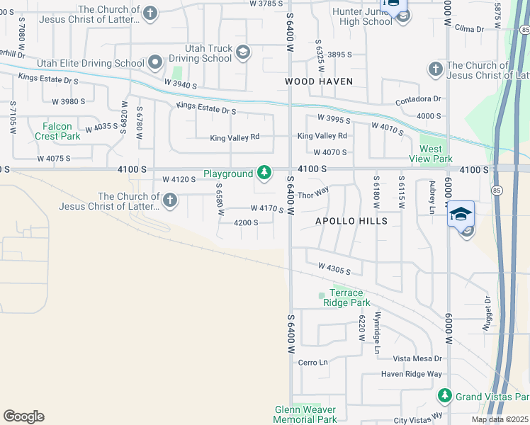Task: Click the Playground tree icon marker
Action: pos(264,172)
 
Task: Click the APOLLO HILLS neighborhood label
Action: pos(351,221)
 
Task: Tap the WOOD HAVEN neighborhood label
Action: pos(319,81)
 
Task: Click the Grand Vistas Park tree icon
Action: pos(444,395)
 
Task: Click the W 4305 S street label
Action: pos(334,268)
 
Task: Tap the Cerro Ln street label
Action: pos(313,362)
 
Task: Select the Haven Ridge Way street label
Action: pos(411,374)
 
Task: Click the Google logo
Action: pos(23,416)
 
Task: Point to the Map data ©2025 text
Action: pos(500,419)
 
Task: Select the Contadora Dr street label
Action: pos(418,100)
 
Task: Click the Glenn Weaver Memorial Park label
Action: pos(305,414)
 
